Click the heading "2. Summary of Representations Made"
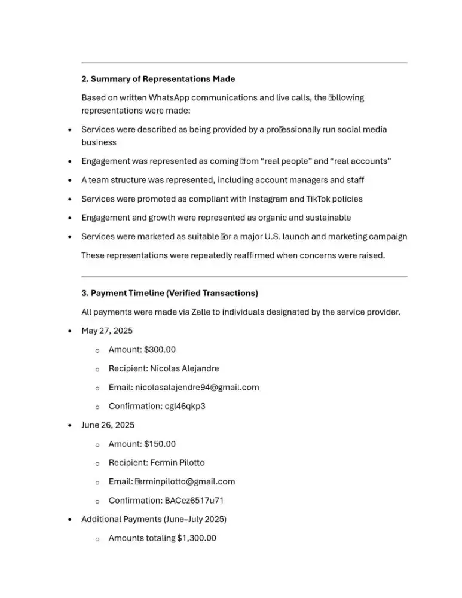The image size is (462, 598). (158, 79)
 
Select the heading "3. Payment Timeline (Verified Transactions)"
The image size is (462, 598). (170, 293)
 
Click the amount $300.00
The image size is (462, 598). (160, 350)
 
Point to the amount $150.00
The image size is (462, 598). (160, 444)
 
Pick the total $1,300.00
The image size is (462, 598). (196, 538)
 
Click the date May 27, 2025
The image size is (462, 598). (107, 331)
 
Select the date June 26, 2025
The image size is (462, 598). (108, 425)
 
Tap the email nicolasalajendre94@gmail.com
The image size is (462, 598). (197, 388)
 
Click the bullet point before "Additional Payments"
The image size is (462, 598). (71, 520)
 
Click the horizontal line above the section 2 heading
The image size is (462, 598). (244, 63)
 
